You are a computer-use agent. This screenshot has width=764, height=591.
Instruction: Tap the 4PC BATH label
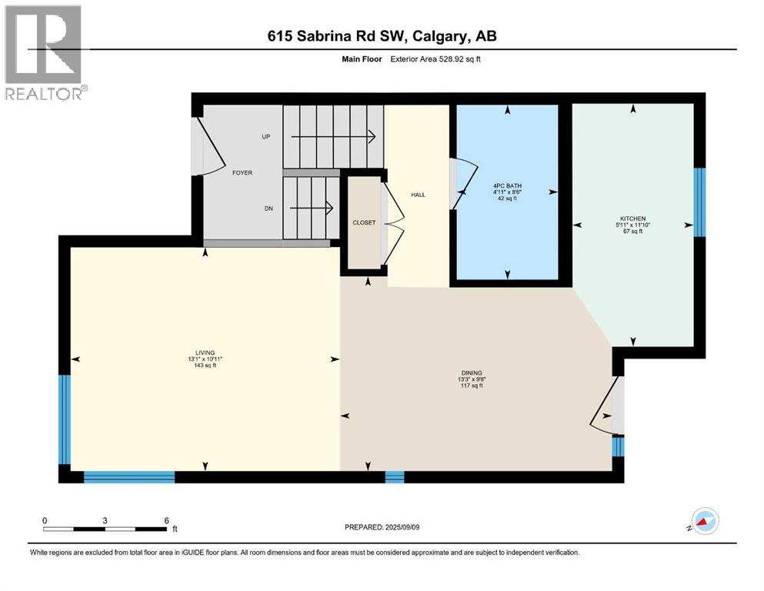(508, 185)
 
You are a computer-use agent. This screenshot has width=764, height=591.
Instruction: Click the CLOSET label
(364, 223)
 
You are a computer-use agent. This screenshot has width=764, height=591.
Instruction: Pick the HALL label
(418, 195)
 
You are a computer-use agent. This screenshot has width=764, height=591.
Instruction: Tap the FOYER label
(242, 173)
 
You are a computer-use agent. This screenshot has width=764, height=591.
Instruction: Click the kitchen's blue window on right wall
(699, 202)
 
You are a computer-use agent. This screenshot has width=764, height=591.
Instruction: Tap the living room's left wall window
(65, 419)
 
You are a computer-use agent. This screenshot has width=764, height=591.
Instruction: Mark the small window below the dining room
(394, 477)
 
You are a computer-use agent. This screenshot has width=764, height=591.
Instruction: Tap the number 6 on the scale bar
(166, 520)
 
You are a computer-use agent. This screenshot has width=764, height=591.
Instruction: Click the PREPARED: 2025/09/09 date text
(382, 527)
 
